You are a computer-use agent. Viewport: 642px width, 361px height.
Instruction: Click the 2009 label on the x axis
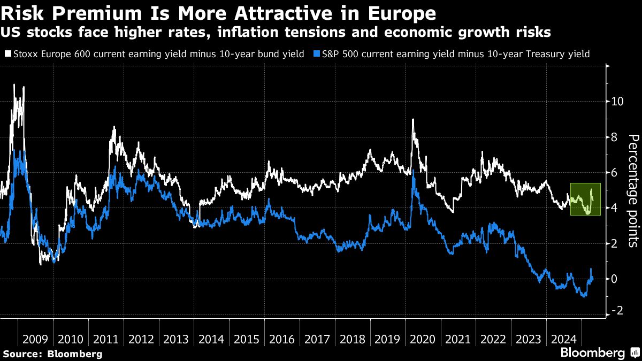35,339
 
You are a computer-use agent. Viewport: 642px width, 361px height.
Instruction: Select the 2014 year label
212,339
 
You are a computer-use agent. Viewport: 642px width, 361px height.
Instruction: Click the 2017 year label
318,339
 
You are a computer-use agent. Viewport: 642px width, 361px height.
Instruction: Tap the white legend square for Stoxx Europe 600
8,54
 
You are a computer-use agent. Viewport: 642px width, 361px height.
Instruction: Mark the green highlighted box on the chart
585,199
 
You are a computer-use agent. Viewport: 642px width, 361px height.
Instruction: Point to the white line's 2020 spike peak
413,119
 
